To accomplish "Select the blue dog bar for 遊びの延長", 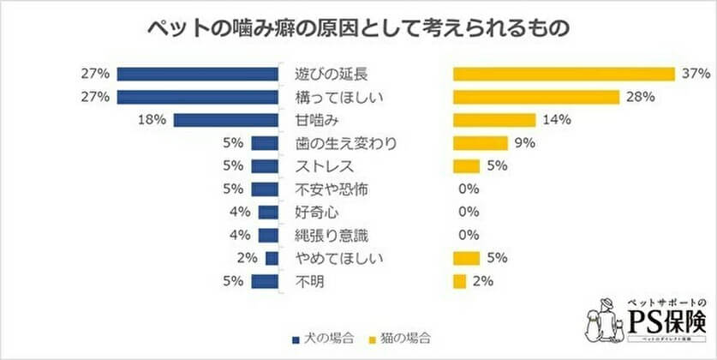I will tap(198, 74).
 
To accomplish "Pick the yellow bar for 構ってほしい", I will tap(536, 97).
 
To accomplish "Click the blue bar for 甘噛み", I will tap(226, 120).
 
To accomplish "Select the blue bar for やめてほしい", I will tap(272, 258).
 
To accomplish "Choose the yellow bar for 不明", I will tap(460, 281).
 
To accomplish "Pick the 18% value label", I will tap(151, 120).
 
